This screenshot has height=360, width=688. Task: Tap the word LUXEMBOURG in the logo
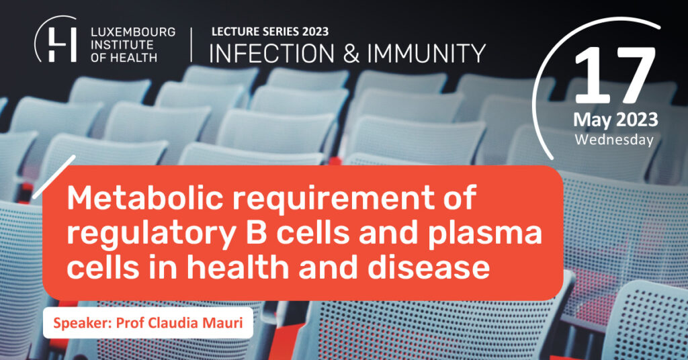pos(133,32)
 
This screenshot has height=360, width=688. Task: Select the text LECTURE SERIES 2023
pos(270,32)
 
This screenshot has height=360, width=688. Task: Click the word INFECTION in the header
pos(271,54)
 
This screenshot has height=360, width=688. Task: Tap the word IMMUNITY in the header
pos(426,54)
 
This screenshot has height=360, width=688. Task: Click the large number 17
pos(615,75)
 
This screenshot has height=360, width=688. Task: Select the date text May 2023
pos(615,120)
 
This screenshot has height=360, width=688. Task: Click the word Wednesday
pos(614,140)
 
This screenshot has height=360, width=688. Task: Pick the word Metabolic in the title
pos(145,197)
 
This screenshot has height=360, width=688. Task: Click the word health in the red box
pos(248,267)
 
